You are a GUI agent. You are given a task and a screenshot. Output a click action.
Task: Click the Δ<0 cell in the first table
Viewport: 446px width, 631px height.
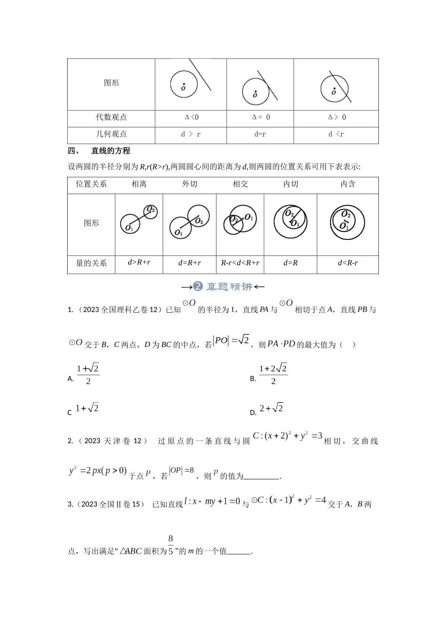(x=191, y=117)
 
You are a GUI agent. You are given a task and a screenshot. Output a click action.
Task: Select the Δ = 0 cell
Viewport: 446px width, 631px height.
(x=261, y=117)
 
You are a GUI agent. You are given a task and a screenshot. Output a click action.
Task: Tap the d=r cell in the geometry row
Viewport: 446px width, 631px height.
(x=260, y=134)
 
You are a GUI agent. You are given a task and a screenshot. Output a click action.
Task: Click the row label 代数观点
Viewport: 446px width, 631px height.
(x=111, y=117)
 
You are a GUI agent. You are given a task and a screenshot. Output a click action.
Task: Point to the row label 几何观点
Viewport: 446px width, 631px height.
(x=111, y=134)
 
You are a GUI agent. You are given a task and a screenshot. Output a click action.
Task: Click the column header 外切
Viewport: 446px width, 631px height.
(x=189, y=184)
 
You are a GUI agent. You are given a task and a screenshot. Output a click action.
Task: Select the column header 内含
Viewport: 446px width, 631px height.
(x=347, y=184)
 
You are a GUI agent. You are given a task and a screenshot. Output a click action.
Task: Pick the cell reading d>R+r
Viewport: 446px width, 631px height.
(x=139, y=262)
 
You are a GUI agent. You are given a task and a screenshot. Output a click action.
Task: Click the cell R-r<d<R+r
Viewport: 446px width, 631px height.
(x=240, y=263)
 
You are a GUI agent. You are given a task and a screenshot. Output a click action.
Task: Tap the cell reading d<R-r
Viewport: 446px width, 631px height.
(x=347, y=263)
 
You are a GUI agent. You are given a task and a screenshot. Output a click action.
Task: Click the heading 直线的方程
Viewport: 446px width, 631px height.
(x=111, y=151)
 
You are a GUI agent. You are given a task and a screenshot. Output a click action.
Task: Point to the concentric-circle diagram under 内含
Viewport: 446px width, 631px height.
(x=347, y=222)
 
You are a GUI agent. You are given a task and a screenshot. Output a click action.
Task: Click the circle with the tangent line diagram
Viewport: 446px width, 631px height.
(x=260, y=86)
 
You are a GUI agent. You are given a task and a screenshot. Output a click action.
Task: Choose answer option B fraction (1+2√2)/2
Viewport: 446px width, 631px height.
(x=273, y=374)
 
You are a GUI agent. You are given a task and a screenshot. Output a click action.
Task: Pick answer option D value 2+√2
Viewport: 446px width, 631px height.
(x=271, y=408)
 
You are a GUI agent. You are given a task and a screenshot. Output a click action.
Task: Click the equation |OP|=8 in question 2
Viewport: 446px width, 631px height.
(x=182, y=470)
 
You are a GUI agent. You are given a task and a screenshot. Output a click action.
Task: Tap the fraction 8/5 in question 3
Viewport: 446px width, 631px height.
(x=170, y=545)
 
